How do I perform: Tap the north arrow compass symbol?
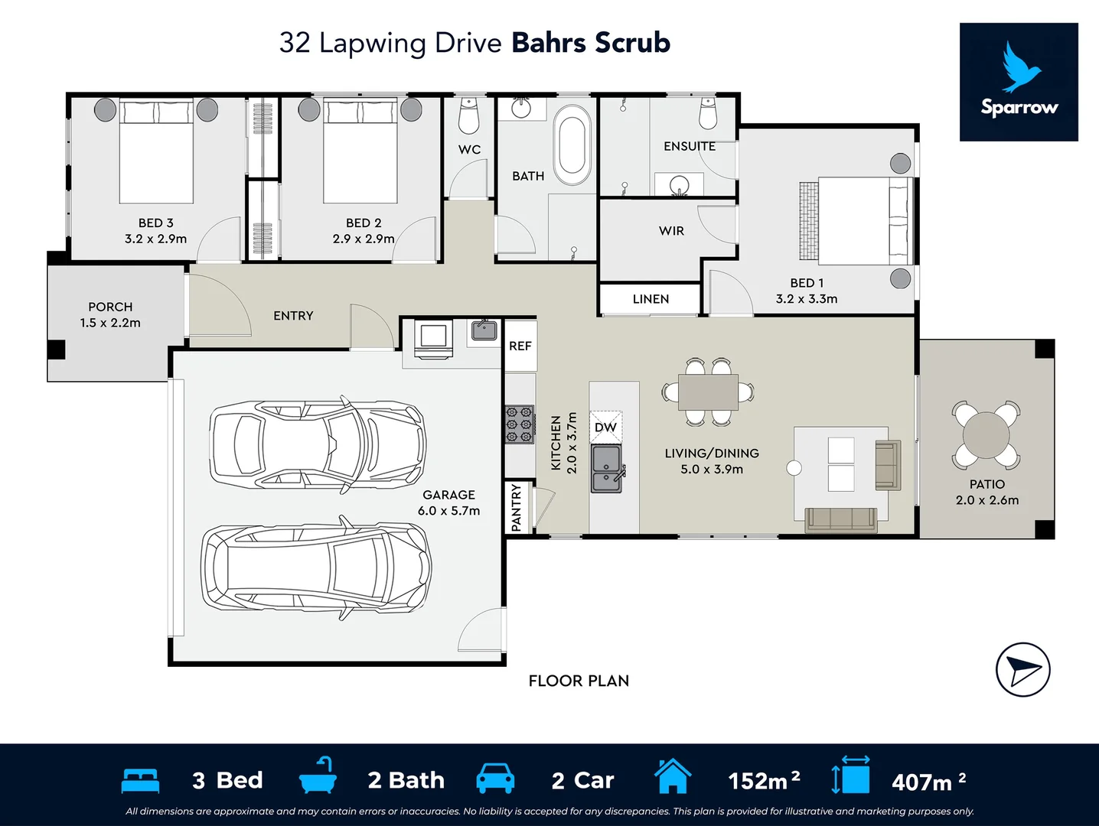(x=1023, y=669)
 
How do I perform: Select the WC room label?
(x=469, y=150)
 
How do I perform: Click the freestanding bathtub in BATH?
(x=572, y=145)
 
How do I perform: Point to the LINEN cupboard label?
(x=651, y=299)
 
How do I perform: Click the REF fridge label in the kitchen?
(x=520, y=346)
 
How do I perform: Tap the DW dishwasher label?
(x=605, y=428)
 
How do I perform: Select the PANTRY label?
(x=516, y=507)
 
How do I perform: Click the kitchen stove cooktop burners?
(x=519, y=424)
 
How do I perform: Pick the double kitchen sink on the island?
(x=607, y=469)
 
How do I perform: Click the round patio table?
(x=986, y=434)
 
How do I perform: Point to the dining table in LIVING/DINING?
(x=708, y=393)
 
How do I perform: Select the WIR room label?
(x=671, y=231)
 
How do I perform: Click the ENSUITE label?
(x=690, y=147)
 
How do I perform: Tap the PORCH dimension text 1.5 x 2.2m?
(x=110, y=324)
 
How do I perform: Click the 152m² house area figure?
(x=764, y=780)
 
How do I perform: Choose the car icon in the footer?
(x=495, y=779)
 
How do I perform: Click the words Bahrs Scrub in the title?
(x=591, y=43)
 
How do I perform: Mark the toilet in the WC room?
(x=468, y=117)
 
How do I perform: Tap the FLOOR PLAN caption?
(x=579, y=681)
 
